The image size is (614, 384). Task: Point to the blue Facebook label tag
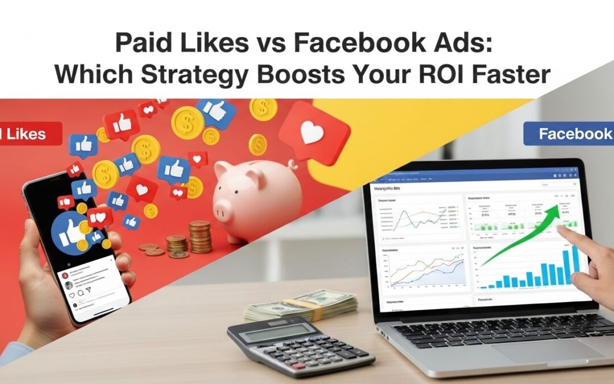click(x=569, y=134)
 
